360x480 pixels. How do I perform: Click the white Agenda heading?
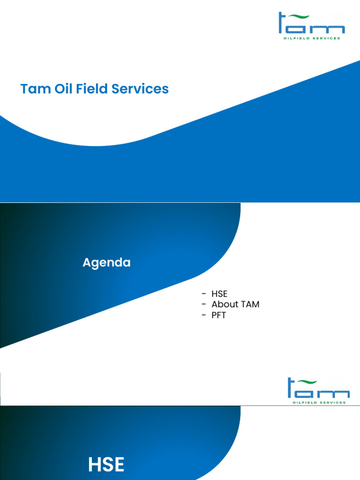click(106, 263)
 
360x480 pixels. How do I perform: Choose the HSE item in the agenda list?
click(219, 294)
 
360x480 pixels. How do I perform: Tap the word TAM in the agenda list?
click(249, 304)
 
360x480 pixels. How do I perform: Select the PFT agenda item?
click(218, 315)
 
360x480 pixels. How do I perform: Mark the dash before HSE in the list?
click(204, 294)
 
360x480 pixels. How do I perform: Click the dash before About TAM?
click(204, 304)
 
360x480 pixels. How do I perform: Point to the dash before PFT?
click(204, 315)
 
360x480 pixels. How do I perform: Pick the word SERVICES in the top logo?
click(327, 38)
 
